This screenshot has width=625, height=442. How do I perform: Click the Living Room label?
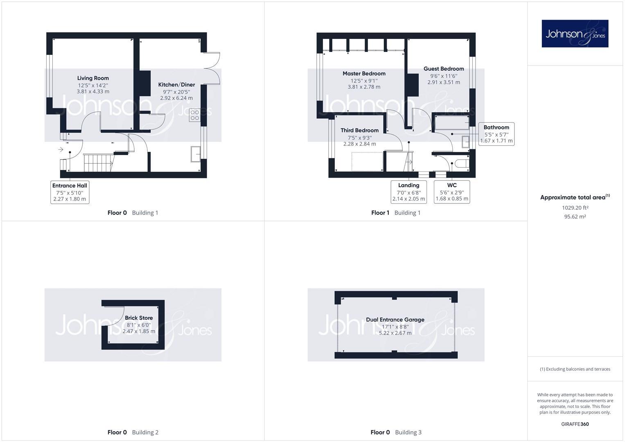coord(93,78)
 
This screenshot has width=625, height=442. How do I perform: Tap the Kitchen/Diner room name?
coord(176,85)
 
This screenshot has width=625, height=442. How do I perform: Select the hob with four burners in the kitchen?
coord(194,115)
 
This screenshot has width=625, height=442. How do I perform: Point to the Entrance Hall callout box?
coord(70,192)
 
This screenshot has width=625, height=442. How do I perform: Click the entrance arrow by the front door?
coord(61,149)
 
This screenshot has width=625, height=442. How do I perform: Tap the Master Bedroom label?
coord(364,74)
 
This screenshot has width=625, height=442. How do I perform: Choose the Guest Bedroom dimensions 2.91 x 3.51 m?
coord(444,82)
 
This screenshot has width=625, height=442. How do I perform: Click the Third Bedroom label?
coord(359,131)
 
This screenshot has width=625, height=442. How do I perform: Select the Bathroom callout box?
coord(496,134)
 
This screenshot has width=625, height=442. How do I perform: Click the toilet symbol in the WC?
coord(462,164)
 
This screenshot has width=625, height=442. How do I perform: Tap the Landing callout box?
coord(408,192)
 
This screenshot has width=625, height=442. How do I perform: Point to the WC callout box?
coord(452,192)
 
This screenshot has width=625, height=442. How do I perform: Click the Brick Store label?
coord(139,318)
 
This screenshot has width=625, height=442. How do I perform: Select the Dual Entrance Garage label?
coord(395,320)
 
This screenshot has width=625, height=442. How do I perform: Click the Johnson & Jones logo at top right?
coord(575,34)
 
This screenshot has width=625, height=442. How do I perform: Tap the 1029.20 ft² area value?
coord(575,208)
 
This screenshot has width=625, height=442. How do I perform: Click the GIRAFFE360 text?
coord(575,424)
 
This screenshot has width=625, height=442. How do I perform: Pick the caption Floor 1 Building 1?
coord(395,213)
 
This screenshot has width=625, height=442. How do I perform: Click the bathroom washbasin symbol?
coord(466,142)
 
